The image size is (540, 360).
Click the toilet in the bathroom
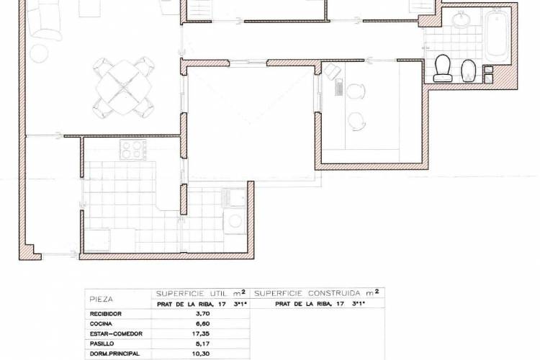443,68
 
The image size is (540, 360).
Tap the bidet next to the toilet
468,71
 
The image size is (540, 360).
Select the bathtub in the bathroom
497,35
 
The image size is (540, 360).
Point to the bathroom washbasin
461,19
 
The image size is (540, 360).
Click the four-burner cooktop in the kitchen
132,150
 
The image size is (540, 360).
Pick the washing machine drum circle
235,221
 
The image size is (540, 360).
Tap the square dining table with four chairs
124,88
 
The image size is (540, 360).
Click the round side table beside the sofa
39,53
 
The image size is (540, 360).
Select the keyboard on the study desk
338,87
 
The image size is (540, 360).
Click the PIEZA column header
101,299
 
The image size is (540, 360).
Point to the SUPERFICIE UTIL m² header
201,293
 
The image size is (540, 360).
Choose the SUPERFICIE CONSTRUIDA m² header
317,293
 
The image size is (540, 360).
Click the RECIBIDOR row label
105,314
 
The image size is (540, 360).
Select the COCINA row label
101,324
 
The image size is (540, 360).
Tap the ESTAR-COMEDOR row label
116,334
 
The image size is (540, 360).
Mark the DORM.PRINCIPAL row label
114,354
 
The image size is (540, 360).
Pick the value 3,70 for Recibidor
202,314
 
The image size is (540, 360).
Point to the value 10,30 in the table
202,354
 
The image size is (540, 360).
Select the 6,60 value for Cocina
202,324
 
